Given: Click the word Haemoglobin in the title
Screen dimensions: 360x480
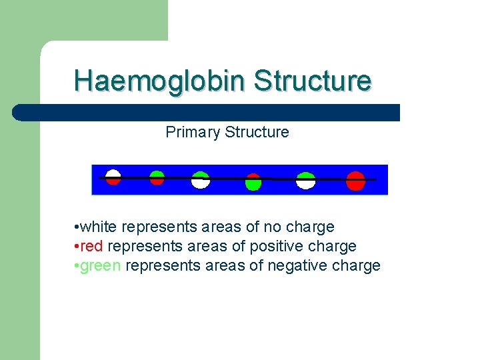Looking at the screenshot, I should click(x=160, y=80).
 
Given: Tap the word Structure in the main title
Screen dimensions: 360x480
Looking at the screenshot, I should click(x=312, y=80).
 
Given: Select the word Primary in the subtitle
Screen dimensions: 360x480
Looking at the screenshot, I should click(x=193, y=132).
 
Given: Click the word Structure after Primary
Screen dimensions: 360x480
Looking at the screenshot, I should click(x=257, y=132).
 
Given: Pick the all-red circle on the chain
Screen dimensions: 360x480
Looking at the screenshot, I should click(x=355, y=181).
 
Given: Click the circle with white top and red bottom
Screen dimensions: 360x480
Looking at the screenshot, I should click(x=113, y=177).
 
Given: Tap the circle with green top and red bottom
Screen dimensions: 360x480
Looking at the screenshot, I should click(x=157, y=177).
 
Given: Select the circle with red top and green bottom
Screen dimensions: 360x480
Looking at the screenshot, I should click(x=253, y=181).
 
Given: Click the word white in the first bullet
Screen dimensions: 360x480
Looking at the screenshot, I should click(x=100, y=227).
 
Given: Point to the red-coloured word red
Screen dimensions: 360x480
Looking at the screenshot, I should click(x=93, y=246).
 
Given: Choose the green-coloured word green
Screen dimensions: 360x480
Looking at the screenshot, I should click(x=100, y=266).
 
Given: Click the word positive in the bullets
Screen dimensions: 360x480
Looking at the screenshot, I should click(x=275, y=246).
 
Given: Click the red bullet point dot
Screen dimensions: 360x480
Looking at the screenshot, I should click(x=78, y=247).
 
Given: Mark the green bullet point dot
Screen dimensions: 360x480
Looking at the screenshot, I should click(x=78, y=266).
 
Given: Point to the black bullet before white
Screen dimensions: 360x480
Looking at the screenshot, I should click(x=78, y=227).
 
